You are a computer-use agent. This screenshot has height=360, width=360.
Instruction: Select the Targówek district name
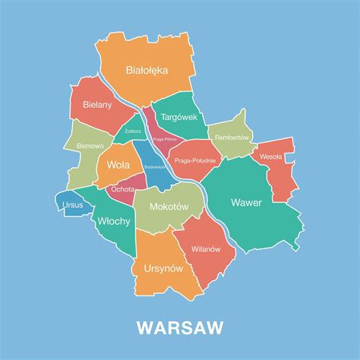[178, 117]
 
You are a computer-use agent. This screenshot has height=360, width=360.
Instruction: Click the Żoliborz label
[133, 131]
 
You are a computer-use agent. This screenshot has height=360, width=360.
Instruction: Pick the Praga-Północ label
[165, 139]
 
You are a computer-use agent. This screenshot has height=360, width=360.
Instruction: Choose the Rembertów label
[232, 137]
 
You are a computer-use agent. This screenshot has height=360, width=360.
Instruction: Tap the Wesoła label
[270, 156]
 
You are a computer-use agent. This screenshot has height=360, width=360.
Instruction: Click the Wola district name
[118, 164]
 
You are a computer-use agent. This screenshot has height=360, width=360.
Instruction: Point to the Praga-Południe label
[194, 160]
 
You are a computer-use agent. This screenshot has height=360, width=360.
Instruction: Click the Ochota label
[122, 188]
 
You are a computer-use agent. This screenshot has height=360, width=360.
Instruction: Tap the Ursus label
[72, 204]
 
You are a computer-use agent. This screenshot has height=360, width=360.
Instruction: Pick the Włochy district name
[114, 221]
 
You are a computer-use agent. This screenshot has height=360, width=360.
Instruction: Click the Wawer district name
[246, 203]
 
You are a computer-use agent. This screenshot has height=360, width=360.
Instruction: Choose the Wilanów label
[205, 248]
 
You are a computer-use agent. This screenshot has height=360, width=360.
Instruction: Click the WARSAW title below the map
[180, 327]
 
